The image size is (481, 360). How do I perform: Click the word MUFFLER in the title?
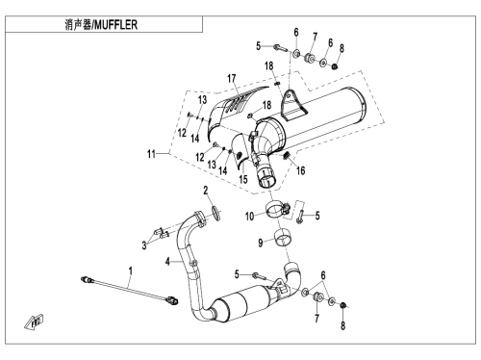pyautogui.click(x=116, y=25)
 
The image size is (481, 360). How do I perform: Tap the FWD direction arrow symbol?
pyautogui.click(x=34, y=321)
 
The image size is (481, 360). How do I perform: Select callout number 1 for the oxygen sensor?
pyautogui.click(x=130, y=271)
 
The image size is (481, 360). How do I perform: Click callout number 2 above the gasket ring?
pyautogui.click(x=206, y=191)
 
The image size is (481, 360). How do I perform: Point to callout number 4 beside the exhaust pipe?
pyautogui.click(x=167, y=262)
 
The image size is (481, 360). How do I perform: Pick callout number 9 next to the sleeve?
pyautogui.click(x=261, y=243)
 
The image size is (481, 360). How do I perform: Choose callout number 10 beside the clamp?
pyautogui.click(x=249, y=217)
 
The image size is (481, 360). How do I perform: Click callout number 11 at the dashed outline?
pyautogui.click(x=151, y=154)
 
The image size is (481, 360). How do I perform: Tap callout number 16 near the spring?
pyautogui.click(x=300, y=170)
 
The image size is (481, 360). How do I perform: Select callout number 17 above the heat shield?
pyautogui.click(x=232, y=78)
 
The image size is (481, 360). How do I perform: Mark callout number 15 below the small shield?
pyautogui.click(x=243, y=179)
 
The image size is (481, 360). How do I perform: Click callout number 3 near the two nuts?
pyautogui.click(x=144, y=245)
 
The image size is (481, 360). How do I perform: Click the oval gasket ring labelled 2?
pyautogui.click(x=216, y=214)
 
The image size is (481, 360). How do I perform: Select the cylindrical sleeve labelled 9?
pyautogui.click(x=283, y=238)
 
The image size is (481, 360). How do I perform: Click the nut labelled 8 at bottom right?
pyautogui.click(x=342, y=304)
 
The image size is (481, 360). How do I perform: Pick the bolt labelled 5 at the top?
pyautogui.click(x=282, y=49)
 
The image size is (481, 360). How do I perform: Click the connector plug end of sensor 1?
pyautogui.click(x=173, y=300)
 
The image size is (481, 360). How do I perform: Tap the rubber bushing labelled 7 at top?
pyautogui.click(x=309, y=58)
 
